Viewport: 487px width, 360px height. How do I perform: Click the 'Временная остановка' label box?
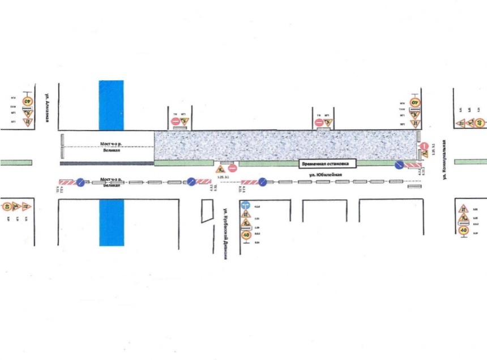pos(328,164)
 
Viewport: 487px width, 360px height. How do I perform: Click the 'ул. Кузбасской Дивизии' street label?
pos(225,232)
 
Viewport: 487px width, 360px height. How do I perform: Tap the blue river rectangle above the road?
pos(111,105)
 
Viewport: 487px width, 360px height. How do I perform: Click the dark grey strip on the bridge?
pos(106,163)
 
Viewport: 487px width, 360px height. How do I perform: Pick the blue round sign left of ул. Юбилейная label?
pos(262,182)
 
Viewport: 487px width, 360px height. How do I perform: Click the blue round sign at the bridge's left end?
pos(80,182)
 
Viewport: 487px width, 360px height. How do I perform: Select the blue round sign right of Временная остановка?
pos(399,165)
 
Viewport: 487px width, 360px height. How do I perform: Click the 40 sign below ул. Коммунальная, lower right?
pos(463,230)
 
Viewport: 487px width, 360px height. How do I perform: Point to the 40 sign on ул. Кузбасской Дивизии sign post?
pos(246,235)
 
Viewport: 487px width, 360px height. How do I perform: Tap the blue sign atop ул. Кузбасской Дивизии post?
pos(245,205)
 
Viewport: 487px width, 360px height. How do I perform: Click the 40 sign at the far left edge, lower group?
pos(7,207)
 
